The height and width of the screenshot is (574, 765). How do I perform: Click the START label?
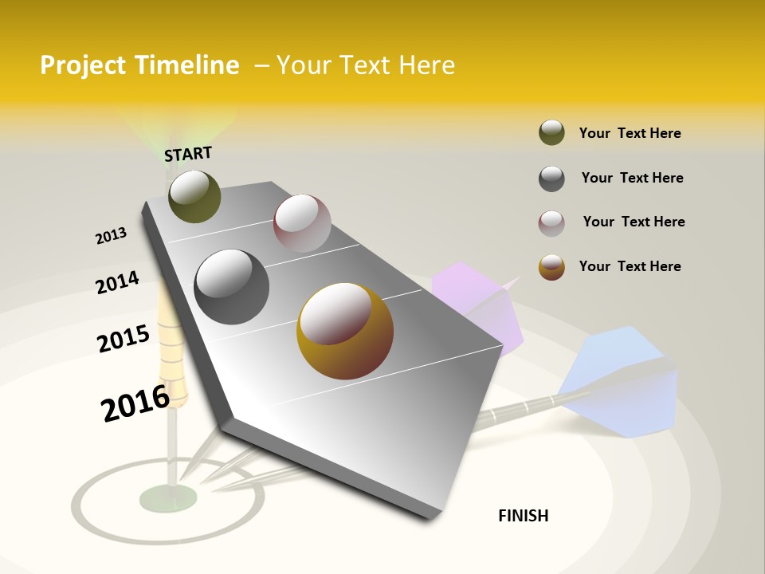[x=188, y=154]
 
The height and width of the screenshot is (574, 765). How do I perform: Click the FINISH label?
[x=524, y=516]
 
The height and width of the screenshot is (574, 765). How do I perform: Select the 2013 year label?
[x=112, y=236]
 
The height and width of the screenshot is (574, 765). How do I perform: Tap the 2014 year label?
[x=117, y=283]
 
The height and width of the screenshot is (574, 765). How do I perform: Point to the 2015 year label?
[x=124, y=339]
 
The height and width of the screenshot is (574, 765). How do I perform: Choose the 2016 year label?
[x=135, y=403]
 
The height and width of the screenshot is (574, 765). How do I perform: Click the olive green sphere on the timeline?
[x=194, y=196]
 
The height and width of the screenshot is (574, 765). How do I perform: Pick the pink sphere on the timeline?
[x=302, y=223]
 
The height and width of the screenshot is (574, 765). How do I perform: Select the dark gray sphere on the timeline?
[x=232, y=287]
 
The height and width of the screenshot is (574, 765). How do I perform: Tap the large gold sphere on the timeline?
[x=344, y=331]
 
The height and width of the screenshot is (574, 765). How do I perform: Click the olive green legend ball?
[x=551, y=133]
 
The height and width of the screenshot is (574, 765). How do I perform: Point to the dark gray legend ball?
[x=551, y=179]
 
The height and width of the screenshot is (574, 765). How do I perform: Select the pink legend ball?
[x=551, y=223]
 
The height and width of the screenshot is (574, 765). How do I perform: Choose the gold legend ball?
[x=551, y=267]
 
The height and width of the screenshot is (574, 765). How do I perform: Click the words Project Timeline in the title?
[x=139, y=65]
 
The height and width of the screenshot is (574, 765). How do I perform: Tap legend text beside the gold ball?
[x=630, y=266]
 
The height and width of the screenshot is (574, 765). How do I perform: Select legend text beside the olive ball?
[x=630, y=133]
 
